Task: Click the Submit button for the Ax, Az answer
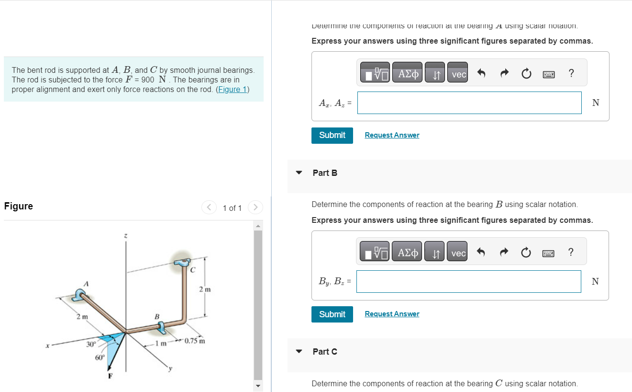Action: click(x=332, y=135)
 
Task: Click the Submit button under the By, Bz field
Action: click(x=332, y=314)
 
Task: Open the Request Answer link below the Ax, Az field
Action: click(x=392, y=135)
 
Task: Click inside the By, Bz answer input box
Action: click(x=468, y=281)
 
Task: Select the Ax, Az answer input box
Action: click(x=469, y=103)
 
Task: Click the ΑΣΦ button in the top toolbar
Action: click(x=408, y=74)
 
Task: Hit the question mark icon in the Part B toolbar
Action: click(x=570, y=252)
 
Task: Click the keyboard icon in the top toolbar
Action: click(x=548, y=74)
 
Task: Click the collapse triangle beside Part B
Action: click(x=299, y=173)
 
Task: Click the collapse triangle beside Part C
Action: click(x=299, y=351)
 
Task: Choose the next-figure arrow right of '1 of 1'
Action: click(x=256, y=208)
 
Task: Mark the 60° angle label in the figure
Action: click(x=100, y=357)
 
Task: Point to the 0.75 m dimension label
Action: click(x=195, y=341)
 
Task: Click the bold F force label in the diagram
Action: click(x=110, y=376)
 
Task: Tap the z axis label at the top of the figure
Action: click(x=125, y=236)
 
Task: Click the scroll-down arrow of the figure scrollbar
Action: click(x=258, y=386)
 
